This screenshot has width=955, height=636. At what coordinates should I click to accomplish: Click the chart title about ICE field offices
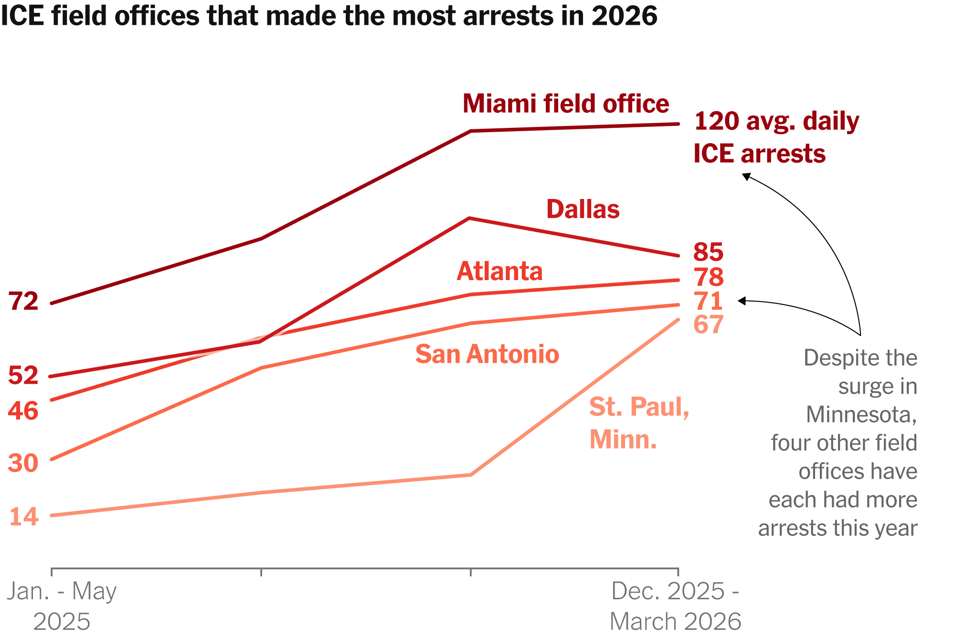click(329, 16)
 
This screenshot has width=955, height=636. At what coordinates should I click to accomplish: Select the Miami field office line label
click(566, 104)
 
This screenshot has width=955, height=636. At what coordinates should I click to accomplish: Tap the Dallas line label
click(583, 209)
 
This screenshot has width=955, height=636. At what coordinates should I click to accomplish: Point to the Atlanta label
click(499, 271)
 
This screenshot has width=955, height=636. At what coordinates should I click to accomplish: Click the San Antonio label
click(487, 354)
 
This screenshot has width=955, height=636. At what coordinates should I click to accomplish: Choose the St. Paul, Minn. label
click(639, 423)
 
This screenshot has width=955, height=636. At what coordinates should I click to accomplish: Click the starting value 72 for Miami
click(23, 302)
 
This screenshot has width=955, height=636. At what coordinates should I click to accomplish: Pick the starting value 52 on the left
click(23, 375)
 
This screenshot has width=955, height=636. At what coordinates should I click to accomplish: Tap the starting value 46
click(23, 411)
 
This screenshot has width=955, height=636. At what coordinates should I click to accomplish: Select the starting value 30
click(23, 463)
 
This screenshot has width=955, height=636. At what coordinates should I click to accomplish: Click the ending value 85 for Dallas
click(708, 252)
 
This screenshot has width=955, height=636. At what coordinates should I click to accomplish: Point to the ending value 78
click(708, 277)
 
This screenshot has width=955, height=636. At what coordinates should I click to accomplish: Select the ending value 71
click(708, 301)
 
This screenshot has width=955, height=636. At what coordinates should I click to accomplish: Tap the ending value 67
click(708, 324)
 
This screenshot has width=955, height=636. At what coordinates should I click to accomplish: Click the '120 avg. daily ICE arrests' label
click(776, 137)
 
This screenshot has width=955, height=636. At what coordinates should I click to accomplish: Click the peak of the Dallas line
click(470, 219)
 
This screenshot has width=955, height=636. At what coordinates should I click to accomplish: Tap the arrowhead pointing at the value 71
click(742, 301)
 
